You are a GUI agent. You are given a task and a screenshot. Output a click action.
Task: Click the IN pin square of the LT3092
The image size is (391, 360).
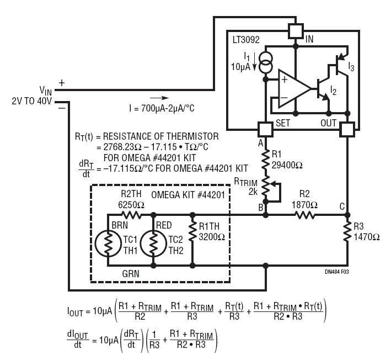296,31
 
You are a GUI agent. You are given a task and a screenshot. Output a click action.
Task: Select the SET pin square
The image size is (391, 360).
266,129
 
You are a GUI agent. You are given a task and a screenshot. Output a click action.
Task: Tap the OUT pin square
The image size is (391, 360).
347,129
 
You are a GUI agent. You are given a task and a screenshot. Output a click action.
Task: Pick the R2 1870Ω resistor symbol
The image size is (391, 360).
304,215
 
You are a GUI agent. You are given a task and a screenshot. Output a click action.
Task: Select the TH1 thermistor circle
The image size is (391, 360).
108,243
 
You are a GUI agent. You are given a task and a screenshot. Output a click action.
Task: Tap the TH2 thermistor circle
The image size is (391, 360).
153,243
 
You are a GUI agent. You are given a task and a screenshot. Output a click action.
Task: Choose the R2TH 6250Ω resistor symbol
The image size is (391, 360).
131,215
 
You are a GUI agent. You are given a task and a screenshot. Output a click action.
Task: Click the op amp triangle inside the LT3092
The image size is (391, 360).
294,89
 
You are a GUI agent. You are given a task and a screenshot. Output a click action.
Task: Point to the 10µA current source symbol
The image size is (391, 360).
266,63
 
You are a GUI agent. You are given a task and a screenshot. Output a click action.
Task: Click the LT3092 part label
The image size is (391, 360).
246,40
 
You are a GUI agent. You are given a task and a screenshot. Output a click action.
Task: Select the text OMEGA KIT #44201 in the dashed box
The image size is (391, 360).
188,195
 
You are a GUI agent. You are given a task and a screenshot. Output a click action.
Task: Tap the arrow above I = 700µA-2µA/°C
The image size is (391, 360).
159,98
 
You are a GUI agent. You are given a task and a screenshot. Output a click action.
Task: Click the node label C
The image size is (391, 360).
342,207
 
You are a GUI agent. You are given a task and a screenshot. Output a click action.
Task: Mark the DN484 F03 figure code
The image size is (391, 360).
336,272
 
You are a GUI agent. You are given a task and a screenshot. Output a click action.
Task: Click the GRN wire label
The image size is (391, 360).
131,274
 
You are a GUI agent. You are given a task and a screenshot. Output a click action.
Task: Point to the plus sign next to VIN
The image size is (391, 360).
62,83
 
